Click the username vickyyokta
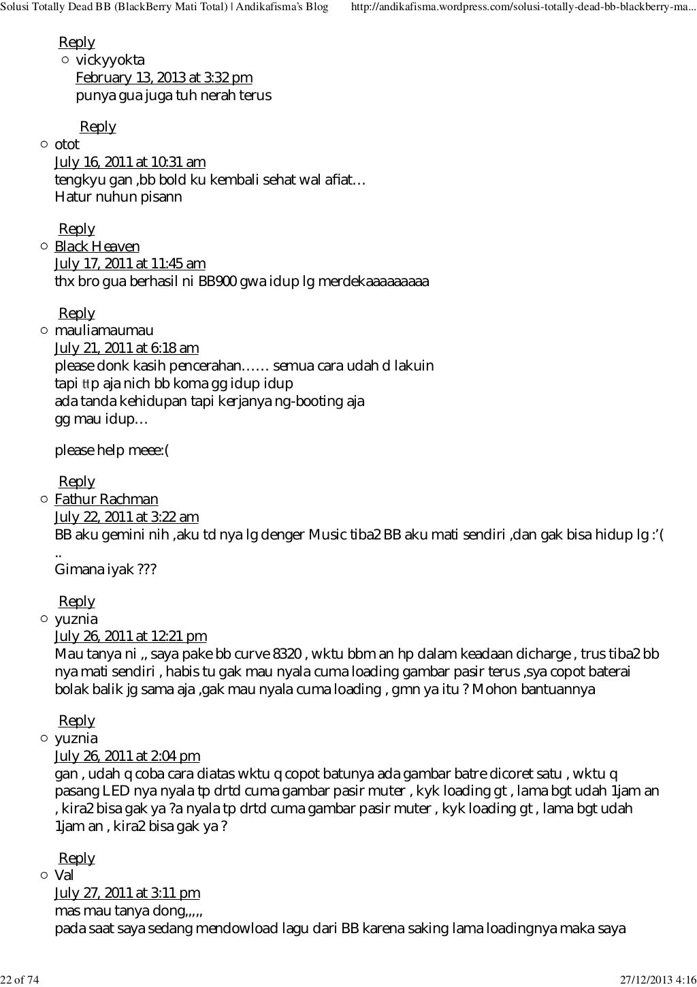(110, 61)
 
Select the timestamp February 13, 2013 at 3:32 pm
(163, 78)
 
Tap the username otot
(67, 145)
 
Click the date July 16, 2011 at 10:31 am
(129, 163)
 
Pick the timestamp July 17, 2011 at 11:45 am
(129, 264)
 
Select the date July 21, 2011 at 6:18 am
(126, 349)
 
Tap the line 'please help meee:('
(111, 451)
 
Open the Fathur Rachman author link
(106, 500)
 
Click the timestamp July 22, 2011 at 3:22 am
(126, 518)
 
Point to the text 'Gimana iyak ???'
(106, 570)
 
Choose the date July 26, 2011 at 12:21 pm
(130, 637)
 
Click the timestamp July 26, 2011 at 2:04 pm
(127, 756)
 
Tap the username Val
(64, 876)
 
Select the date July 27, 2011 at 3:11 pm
(127, 894)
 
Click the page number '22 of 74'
(20, 980)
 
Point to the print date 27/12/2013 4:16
(658, 980)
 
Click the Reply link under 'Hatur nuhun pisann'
(76, 230)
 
